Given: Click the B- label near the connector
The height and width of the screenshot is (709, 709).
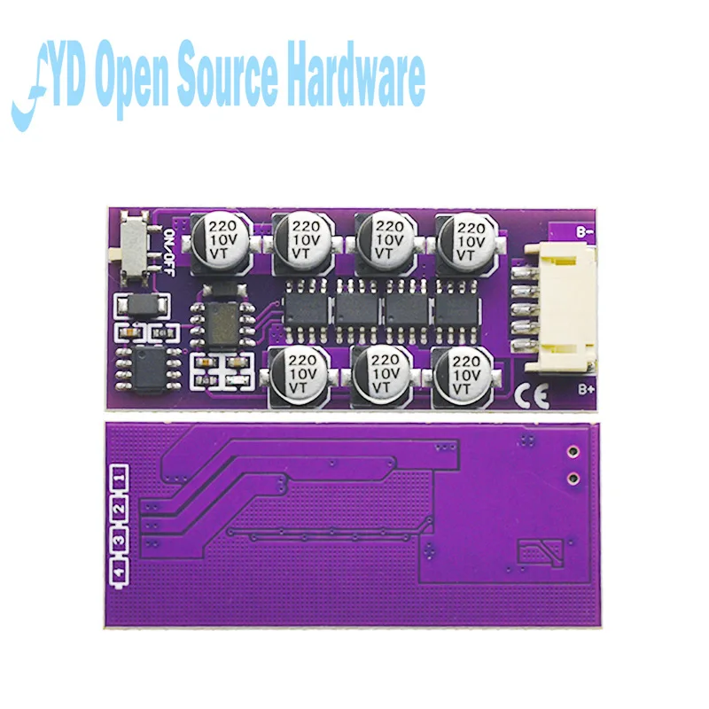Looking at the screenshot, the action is click(584, 230).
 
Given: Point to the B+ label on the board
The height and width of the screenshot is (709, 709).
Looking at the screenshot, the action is click(585, 387).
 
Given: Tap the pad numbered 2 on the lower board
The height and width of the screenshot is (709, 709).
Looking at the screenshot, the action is click(119, 510).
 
